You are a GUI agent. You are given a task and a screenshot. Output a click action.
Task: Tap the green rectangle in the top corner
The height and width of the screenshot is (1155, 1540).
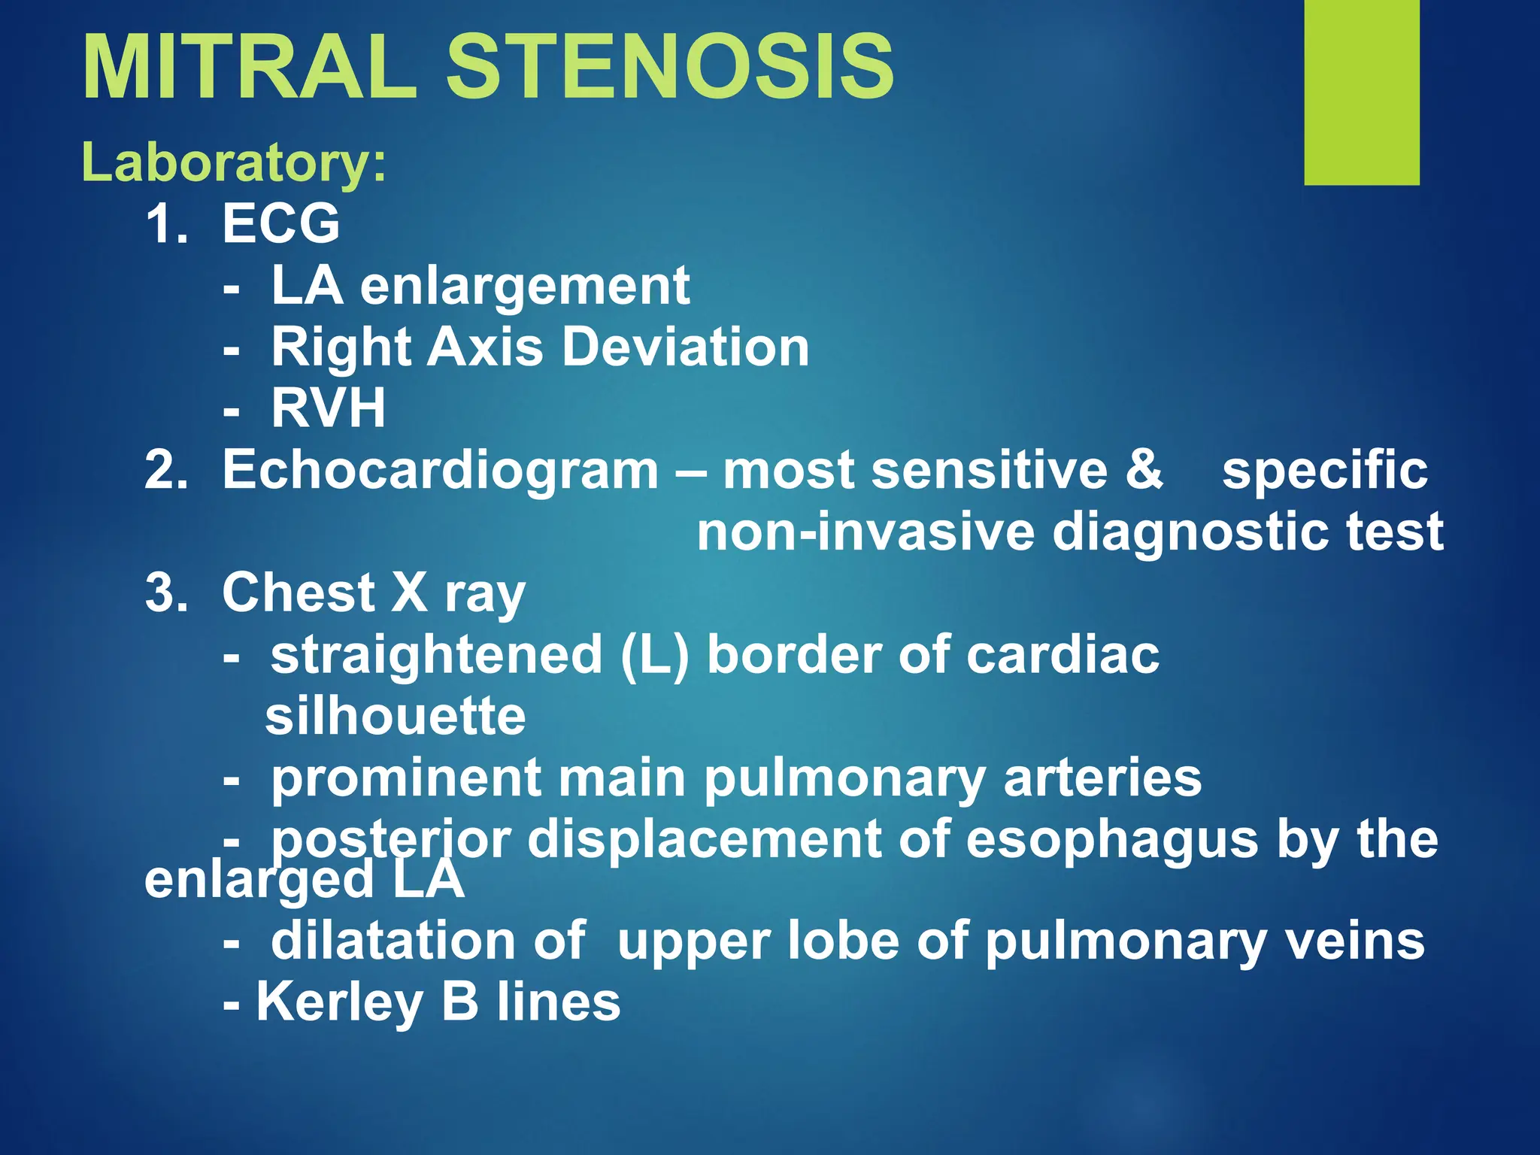click(x=1362, y=92)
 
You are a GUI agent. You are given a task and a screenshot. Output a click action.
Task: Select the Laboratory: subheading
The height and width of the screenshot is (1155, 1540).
click(x=234, y=163)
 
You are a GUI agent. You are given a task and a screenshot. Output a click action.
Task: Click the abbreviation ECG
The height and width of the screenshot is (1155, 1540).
click(x=281, y=223)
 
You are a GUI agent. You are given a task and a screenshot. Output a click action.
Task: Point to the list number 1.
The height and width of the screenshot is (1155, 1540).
click(x=165, y=223)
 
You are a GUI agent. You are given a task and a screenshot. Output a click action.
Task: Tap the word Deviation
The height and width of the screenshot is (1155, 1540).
click(x=686, y=347)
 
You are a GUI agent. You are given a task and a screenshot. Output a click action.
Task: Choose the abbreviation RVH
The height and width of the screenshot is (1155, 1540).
click(x=329, y=408)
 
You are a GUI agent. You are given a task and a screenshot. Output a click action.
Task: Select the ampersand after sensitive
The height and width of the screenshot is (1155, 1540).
click(x=1144, y=469)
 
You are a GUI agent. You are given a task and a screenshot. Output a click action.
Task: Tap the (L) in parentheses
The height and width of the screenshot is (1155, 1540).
click(x=655, y=656)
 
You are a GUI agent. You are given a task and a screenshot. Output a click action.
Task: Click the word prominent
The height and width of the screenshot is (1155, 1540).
click(x=406, y=780)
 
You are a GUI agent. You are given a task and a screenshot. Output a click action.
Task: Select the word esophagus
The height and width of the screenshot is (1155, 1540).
click(x=1111, y=841)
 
